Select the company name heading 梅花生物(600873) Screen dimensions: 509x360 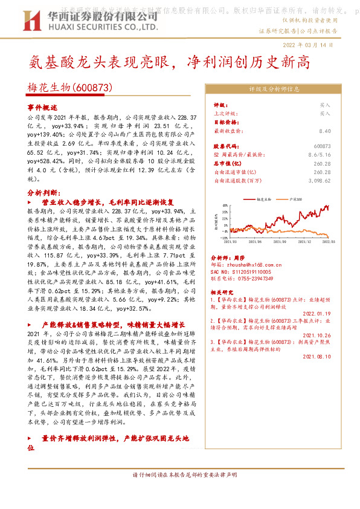tap(71, 88)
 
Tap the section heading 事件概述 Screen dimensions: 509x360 tap(42, 106)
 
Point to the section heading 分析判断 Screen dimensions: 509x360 tap(42, 192)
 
